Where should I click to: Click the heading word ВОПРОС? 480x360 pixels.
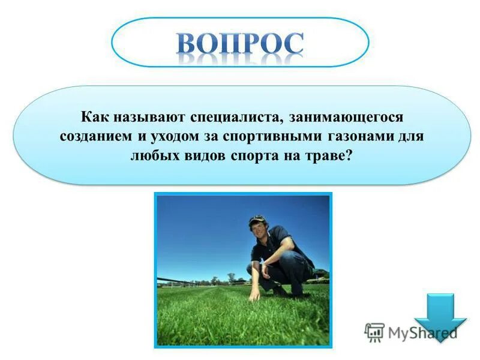coord(240,43)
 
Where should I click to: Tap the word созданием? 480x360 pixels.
coord(95,136)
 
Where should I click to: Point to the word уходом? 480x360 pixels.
coord(169,136)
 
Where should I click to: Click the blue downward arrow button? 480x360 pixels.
coord(440,317)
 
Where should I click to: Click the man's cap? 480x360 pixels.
coord(257,219)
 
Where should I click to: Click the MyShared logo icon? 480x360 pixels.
coord(374,332)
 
